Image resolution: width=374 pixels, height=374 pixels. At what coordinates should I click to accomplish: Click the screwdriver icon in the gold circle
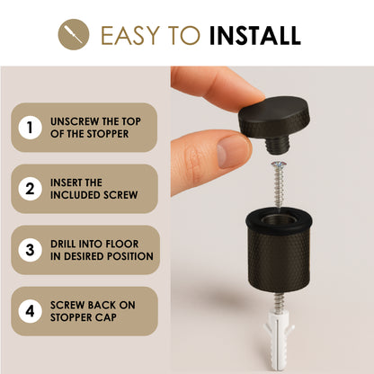[x=74, y=34]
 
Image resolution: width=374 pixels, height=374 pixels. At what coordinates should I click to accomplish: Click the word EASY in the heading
[x=130, y=35]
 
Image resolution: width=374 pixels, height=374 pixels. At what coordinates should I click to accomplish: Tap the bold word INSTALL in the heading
[x=255, y=35]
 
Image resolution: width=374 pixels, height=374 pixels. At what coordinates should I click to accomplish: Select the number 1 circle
[x=30, y=128]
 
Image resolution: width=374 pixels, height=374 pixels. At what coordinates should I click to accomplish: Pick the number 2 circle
[x=30, y=189]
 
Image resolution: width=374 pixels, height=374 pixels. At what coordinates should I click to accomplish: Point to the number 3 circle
[x=30, y=250]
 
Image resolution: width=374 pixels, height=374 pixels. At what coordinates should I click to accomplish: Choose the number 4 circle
[x=30, y=311]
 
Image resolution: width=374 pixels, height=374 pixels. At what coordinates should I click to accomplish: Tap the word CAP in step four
[x=106, y=317]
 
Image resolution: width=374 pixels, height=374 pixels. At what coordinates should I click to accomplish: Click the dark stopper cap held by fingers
[x=273, y=120]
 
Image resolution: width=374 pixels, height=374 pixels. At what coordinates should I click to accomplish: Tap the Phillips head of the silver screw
[x=279, y=165]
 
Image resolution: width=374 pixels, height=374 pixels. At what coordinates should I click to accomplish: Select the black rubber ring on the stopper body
[x=279, y=220]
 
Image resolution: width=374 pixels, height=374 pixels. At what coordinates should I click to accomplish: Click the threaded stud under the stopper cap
[x=277, y=145]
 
